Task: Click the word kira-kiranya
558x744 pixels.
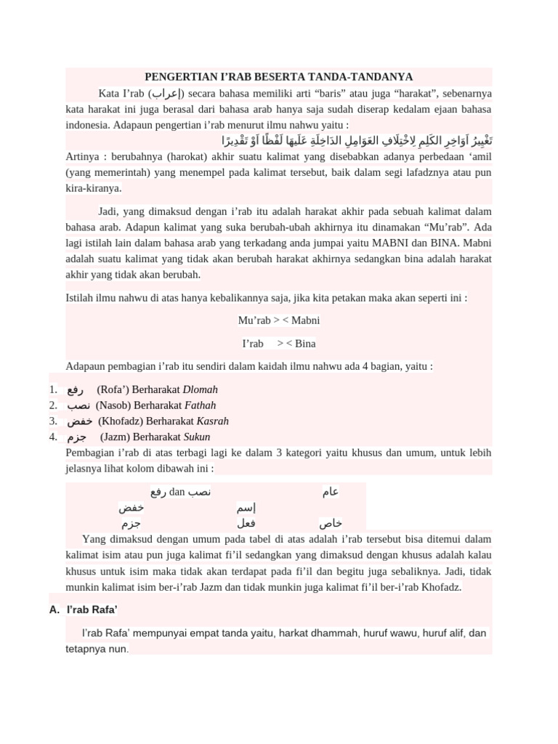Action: click(93, 188)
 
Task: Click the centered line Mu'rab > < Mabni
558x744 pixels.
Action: click(279, 320)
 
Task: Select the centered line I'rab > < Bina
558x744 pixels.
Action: click(279, 344)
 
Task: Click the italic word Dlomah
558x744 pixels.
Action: click(201, 389)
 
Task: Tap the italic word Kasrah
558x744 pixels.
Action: click(213, 421)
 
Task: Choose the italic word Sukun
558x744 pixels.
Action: click(196, 437)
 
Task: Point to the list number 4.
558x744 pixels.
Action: click(53, 437)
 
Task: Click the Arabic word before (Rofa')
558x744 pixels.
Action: click(75, 389)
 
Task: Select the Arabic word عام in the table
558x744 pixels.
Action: click(331, 493)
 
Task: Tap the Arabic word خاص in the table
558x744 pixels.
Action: click(331, 523)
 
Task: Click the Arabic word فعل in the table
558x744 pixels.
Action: click(246, 523)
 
